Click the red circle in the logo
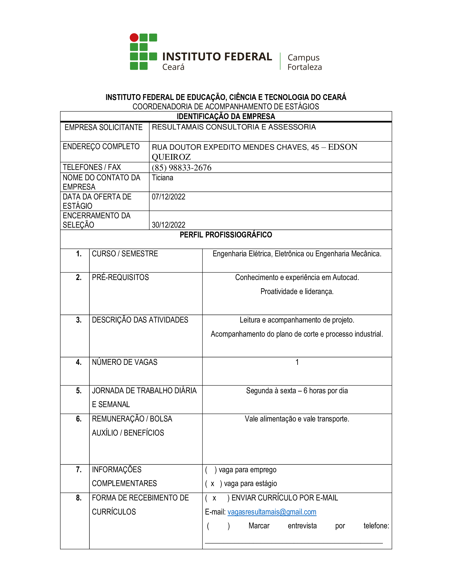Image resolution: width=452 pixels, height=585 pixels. point(134,37)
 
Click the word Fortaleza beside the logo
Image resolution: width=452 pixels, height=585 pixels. point(304,67)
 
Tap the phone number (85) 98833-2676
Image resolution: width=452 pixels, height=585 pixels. point(182,168)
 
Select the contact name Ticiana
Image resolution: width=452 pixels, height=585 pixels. point(162,178)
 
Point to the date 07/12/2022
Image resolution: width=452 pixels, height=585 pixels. point(168,197)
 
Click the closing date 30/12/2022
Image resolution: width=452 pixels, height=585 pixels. point(168,225)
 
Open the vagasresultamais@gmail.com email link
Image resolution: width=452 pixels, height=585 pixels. point(272,512)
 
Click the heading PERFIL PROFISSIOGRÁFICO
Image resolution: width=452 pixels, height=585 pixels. point(226,235)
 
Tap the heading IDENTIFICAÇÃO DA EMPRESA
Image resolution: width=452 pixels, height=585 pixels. point(226,116)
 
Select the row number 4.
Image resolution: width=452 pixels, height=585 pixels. point(78,362)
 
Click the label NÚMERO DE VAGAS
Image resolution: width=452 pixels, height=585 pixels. point(124,362)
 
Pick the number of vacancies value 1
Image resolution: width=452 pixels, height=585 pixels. point(297,362)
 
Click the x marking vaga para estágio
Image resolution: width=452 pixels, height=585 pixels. point(213,484)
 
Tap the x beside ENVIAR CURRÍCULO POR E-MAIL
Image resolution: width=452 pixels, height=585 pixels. point(214,498)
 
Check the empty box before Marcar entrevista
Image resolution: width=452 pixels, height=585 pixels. point(218,526)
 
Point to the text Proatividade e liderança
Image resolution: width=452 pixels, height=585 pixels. point(297,291)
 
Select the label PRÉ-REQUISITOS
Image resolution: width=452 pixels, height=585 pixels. point(120,278)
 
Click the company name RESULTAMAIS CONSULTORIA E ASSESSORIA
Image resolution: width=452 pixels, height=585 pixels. point(234,127)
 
